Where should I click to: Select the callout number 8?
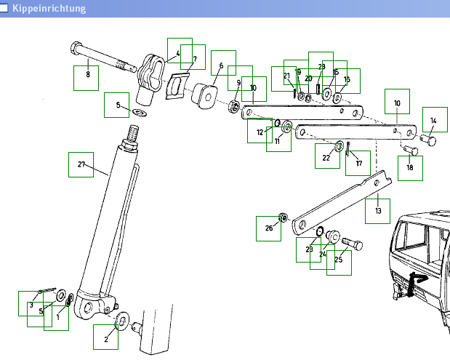point(88,74)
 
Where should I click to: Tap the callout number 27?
point(81,164)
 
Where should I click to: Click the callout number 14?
point(433,121)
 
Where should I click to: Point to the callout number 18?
point(410,168)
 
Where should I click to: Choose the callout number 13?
point(378,210)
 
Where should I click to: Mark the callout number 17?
point(358,164)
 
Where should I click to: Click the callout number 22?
point(326,157)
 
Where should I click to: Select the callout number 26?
point(268,228)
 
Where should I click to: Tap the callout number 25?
point(339,259)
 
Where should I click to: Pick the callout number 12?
point(259,132)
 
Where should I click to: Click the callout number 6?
point(221,65)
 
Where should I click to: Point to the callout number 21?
point(286,76)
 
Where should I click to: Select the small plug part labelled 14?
point(428,137)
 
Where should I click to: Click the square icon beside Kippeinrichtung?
point(5,8)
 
